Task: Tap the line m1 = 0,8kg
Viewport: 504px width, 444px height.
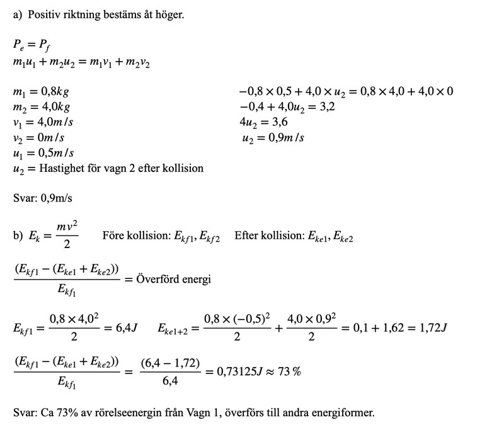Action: pos(40,91)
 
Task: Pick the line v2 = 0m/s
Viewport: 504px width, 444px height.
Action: pos(38,137)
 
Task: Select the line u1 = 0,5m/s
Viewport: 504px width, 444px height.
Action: pos(43,153)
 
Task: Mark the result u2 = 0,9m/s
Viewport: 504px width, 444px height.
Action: pos(273,137)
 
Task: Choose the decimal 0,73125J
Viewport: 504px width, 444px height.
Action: pos(238,371)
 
